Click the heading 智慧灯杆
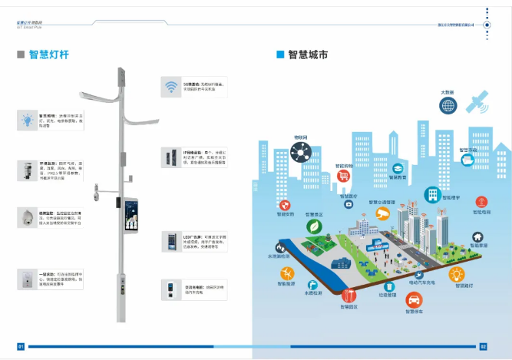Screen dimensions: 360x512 click(x=48, y=54)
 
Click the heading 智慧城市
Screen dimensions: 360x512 click(x=308, y=54)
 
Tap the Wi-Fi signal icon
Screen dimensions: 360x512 click(x=170, y=86)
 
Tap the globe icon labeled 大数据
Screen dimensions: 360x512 click(x=448, y=106)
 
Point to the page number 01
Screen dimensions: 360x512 click(x=21, y=346)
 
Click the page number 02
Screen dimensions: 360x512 click(x=483, y=346)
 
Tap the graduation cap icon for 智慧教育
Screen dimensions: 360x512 click(x=398, y=168)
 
